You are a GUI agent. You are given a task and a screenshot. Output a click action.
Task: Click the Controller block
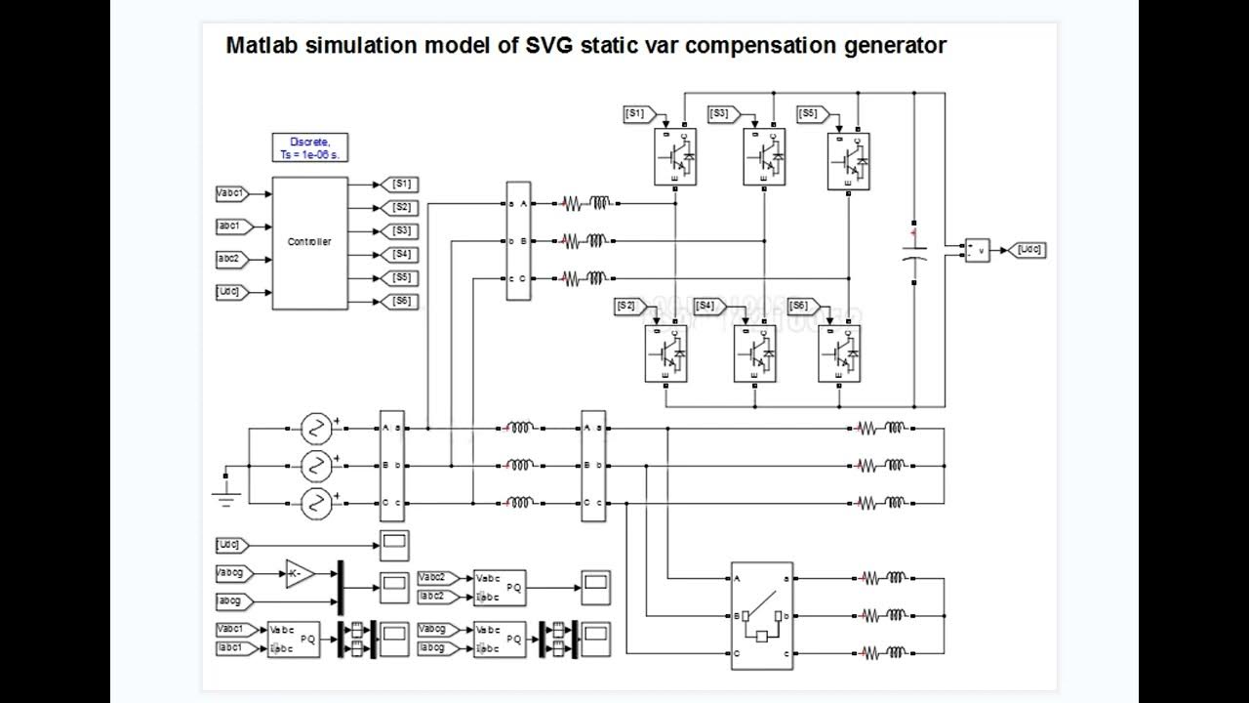[309, 242]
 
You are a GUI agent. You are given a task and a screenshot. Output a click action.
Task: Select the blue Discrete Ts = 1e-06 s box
[309, 147]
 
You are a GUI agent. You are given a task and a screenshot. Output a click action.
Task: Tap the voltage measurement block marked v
[977, 250]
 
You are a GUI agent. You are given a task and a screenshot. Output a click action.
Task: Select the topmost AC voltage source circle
[315, 428]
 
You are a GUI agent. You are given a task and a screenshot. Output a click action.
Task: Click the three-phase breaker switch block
[761, 615]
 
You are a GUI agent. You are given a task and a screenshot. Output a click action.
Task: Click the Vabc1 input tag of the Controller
[232, 193]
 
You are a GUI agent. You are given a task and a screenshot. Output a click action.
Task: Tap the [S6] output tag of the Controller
[401, 301]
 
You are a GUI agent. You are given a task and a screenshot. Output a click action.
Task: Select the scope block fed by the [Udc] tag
[394, 543]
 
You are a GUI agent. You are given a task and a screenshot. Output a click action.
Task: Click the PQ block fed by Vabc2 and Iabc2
[499, 586]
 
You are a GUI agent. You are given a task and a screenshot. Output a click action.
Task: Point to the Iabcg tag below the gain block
[234, 601]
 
